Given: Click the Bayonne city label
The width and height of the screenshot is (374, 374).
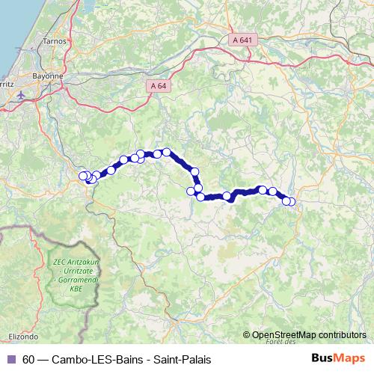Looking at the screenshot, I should (x=47, y=76).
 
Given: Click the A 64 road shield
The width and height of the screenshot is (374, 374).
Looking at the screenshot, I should (x=158, y=88).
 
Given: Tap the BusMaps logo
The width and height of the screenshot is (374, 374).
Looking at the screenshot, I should (x=339, y=358).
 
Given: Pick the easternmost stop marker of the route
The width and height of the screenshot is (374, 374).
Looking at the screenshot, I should (x=291, y=201).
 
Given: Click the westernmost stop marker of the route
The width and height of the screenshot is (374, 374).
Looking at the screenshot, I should (x=83, y=177).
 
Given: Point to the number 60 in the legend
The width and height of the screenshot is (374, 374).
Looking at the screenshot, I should (x=28, y=359).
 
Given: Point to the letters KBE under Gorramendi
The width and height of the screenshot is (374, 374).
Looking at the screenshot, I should (x=76, y=287).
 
